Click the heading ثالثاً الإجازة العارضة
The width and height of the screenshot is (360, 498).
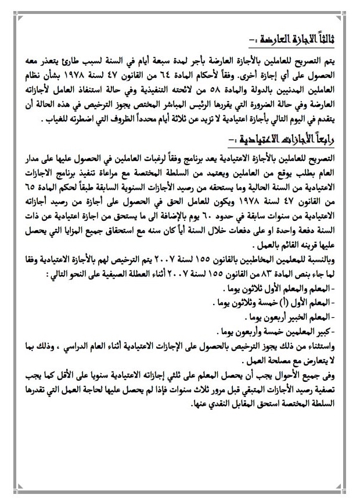pos(297,40)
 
